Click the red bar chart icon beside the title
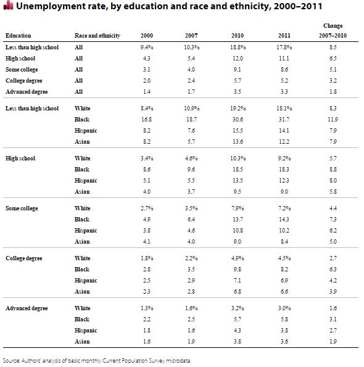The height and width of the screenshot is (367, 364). tap(8, 6)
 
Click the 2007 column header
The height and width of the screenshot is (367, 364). tap(191, 36)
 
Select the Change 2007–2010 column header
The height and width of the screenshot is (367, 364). tap(333, 31)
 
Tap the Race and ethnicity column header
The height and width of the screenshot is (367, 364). tap(97, 36)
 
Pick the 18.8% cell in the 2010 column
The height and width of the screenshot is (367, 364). tap(238, 47)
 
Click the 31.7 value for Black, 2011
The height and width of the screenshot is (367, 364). tap(284, 120)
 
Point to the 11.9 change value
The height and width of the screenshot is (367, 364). tap(333, 120)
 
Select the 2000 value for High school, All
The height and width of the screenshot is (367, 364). tap(147, 58)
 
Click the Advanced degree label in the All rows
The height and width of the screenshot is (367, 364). tap(27, 92)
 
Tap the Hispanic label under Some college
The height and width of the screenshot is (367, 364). tap(86, 231)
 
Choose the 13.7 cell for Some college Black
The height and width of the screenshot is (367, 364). tap(238, 220)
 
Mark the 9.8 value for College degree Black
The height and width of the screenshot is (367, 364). tap(238, 270)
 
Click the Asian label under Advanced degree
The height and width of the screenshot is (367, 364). tap(82, 342)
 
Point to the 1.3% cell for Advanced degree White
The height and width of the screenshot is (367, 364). tap(147, 308)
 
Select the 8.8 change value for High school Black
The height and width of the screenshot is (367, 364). tap(333, 170)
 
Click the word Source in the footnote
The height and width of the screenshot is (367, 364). tap(10, 361)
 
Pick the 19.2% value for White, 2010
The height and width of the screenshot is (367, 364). tap(238, 109)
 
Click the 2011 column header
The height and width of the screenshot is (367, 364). tap(284, 36)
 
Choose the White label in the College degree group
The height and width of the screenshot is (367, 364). tap(83, 258)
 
